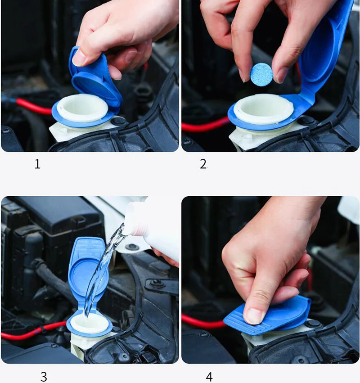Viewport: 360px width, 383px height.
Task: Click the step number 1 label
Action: (37, 164)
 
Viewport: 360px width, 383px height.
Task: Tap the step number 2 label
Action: (203, 164)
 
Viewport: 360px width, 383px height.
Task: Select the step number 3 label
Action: (44, 377)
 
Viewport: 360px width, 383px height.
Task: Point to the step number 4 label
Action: (209, 377)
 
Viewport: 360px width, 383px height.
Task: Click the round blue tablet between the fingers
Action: (261, 74)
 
